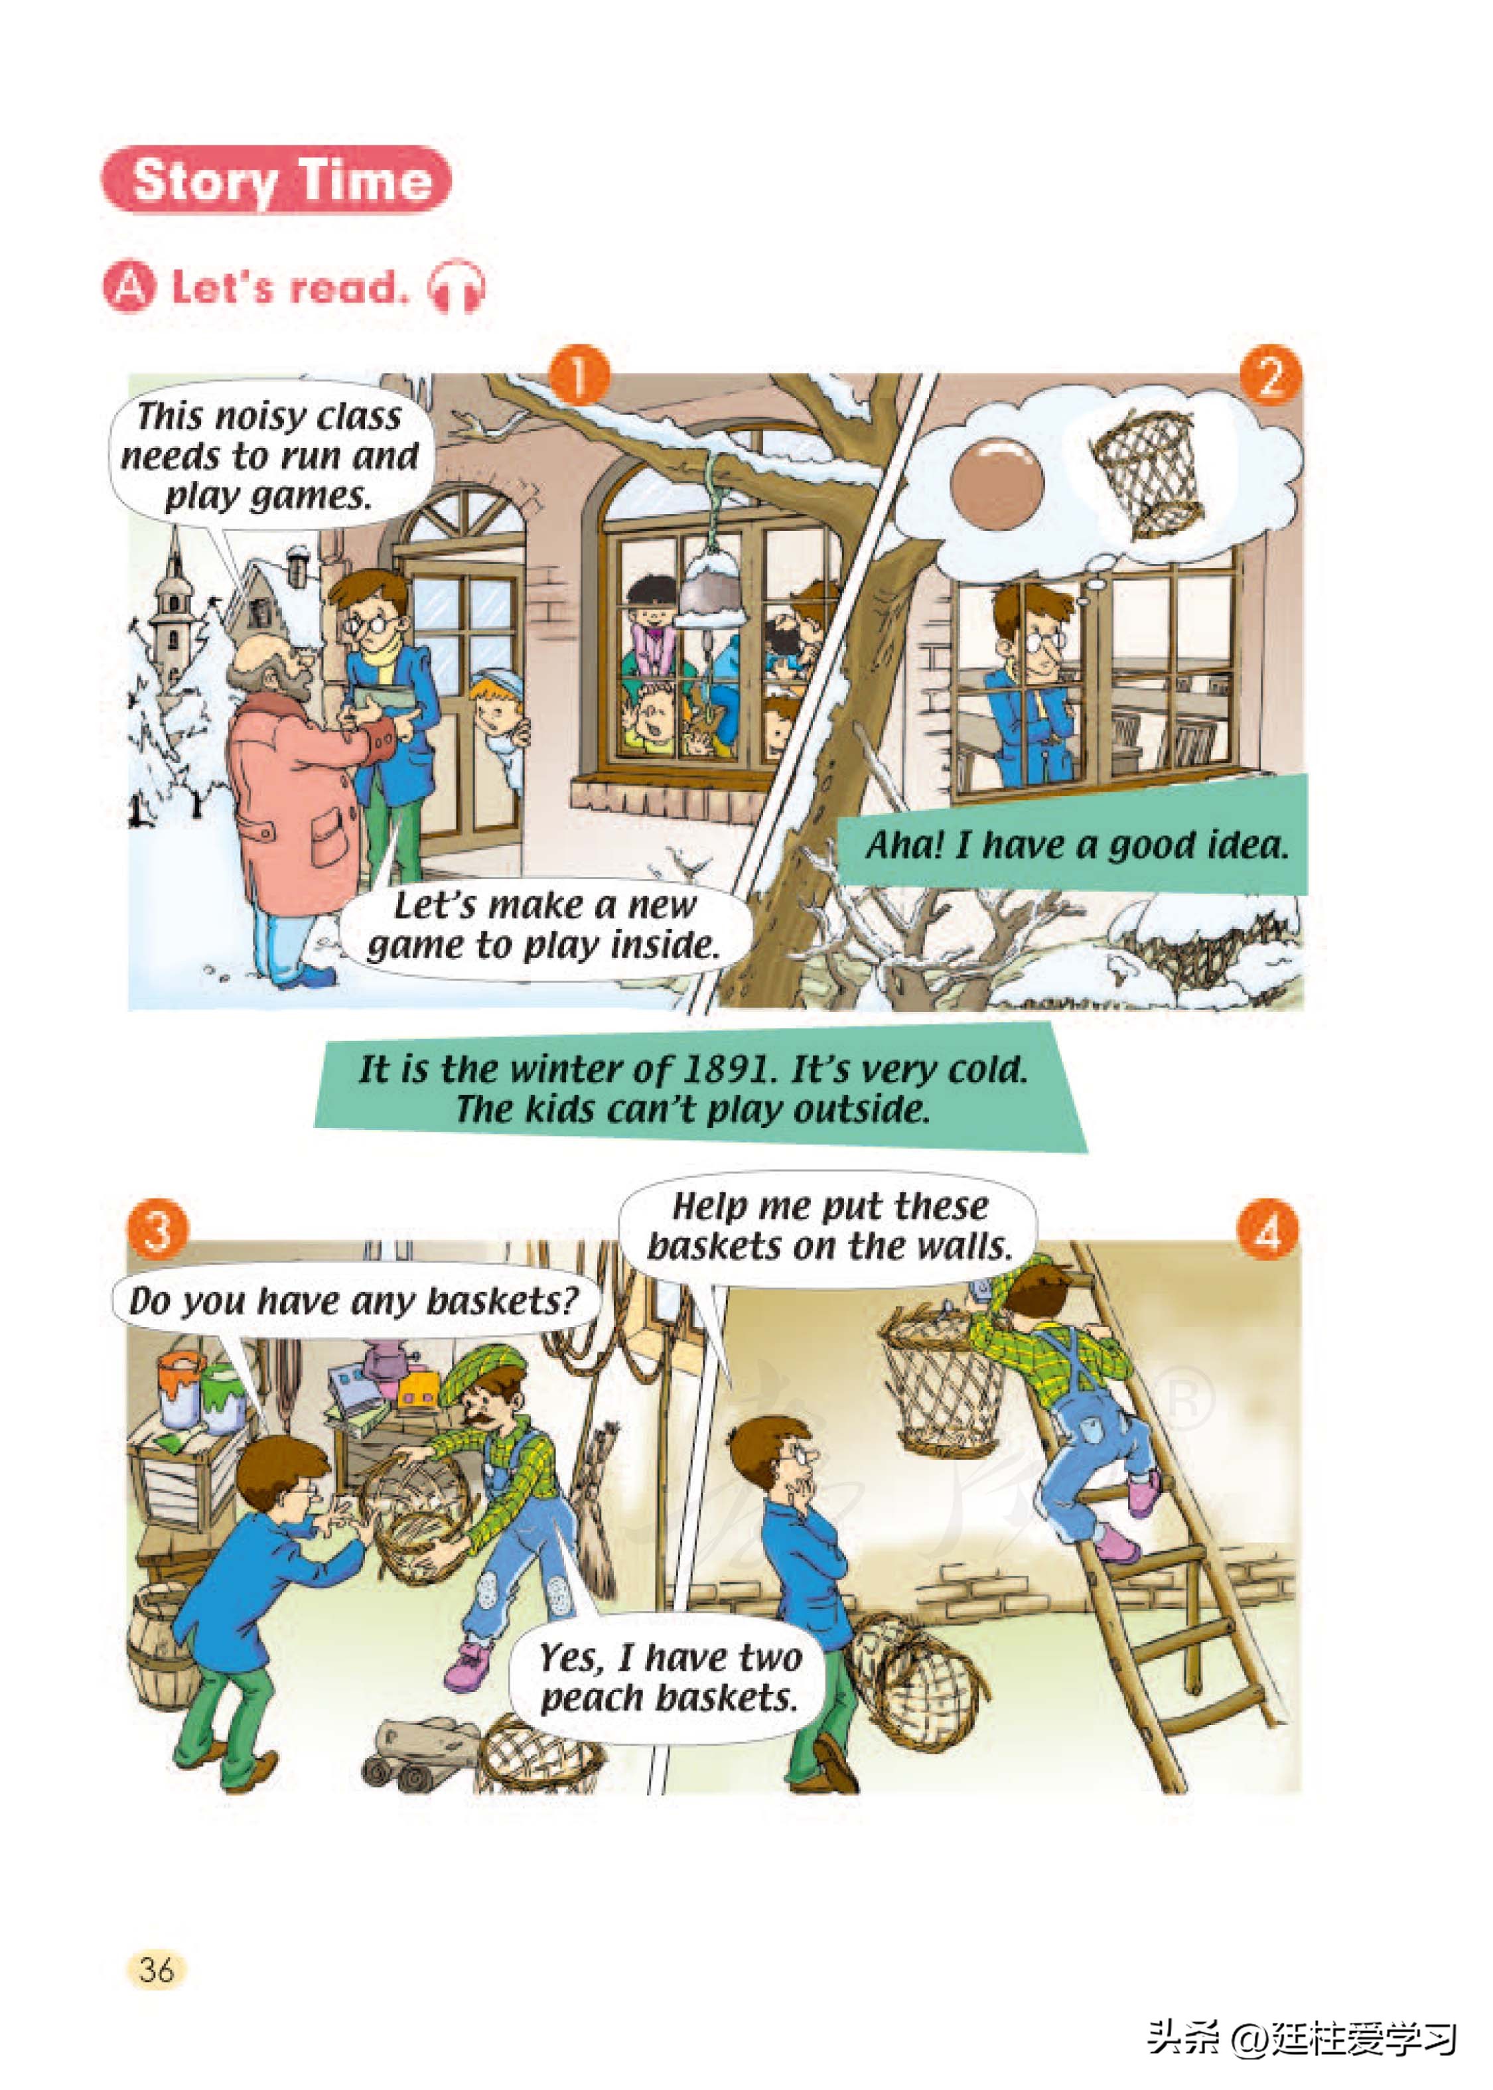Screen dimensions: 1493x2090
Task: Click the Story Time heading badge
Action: pos(276,179)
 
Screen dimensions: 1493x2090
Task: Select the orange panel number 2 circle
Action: pos(1271,375)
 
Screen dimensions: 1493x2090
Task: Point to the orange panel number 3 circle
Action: pos(158,1229)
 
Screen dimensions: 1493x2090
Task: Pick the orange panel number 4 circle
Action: pos(1268,1229)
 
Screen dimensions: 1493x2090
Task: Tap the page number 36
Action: pos(157,1971)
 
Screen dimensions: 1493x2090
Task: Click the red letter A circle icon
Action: pos(129,287)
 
